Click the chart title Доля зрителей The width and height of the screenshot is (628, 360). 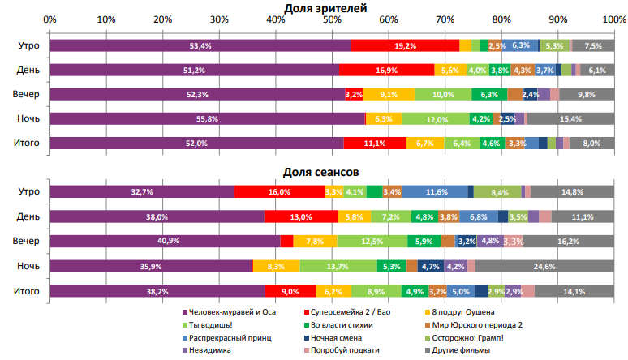pyautogui.click(x=325, y=7)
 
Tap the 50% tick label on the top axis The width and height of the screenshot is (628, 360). pyautogui.click(x=332, y=19)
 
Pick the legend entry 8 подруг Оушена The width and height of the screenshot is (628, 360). pyautogui.click(x=465, y=312)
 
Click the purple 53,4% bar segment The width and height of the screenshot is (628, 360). pyautogui.click(x=200, y=46)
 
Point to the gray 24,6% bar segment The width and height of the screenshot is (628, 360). pyautogui.click(x=544, y=266)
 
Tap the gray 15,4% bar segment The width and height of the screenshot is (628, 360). pyautogui.click(x=570, y=119)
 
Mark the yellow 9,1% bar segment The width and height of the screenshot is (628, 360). pyautogui.click(x=389, y=95)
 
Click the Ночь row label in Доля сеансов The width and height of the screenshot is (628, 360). pyautogui.click(x=29, y=266)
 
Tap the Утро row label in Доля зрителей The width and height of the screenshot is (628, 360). pyautogui.click(x=29, y=46)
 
